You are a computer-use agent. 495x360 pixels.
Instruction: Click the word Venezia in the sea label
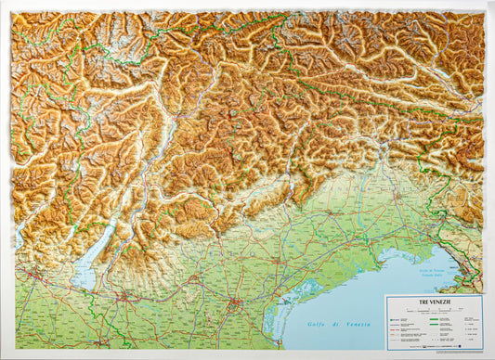(x=357, y=324)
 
